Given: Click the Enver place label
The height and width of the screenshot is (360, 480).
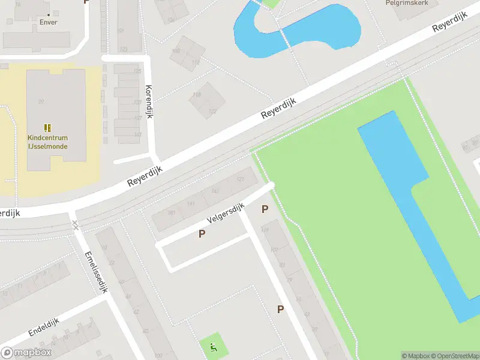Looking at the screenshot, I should point(49,22).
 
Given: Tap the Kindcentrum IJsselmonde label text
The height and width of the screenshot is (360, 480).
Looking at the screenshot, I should point(47,142).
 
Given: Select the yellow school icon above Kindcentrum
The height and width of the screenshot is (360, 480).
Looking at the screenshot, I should point(47,127).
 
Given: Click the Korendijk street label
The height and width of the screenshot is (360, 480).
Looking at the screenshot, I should point(149,101).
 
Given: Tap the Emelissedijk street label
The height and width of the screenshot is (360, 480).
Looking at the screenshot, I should point(96,271).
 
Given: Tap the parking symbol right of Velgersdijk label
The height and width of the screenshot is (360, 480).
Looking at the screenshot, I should point(265,209).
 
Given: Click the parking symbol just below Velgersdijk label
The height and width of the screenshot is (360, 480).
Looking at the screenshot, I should point(202,234).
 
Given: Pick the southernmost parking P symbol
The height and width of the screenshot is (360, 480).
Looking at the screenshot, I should point(280,309).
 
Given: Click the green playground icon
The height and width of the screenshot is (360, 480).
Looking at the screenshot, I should point(212,346).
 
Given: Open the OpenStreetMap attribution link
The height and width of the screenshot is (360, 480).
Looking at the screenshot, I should point(455,356).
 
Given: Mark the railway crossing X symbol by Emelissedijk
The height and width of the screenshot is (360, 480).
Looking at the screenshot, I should point(75,225).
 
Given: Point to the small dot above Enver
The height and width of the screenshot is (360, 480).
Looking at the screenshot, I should point(49,14).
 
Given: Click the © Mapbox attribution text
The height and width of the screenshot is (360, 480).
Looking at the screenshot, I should point(416,356).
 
